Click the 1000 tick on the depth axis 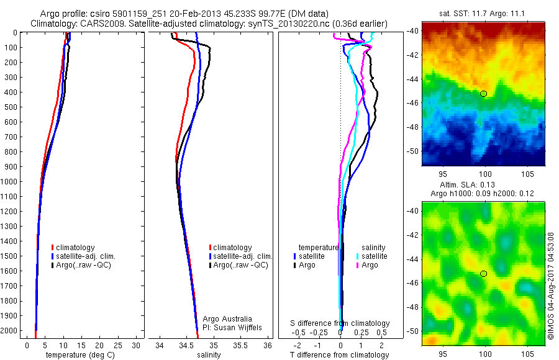tap(11, 181)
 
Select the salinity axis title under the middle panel tap(208, 355)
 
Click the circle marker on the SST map tap(484, 94)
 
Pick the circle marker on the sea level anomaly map tap(484, 274)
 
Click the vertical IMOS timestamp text tap(551, 285)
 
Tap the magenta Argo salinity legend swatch tap(358, 265)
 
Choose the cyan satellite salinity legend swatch tap(358, 256)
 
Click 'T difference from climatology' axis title tap(340, 355)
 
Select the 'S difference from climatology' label tap(340, 323)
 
